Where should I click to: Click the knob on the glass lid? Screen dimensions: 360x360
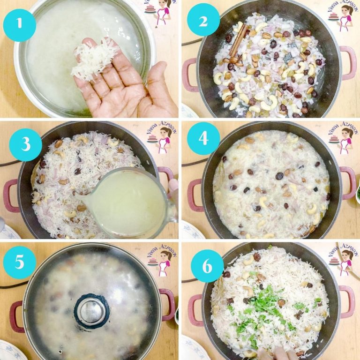pos(91,310)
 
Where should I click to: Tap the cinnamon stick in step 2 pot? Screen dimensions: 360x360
pos(238,40)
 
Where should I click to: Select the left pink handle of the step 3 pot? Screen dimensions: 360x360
pos(10,195)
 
